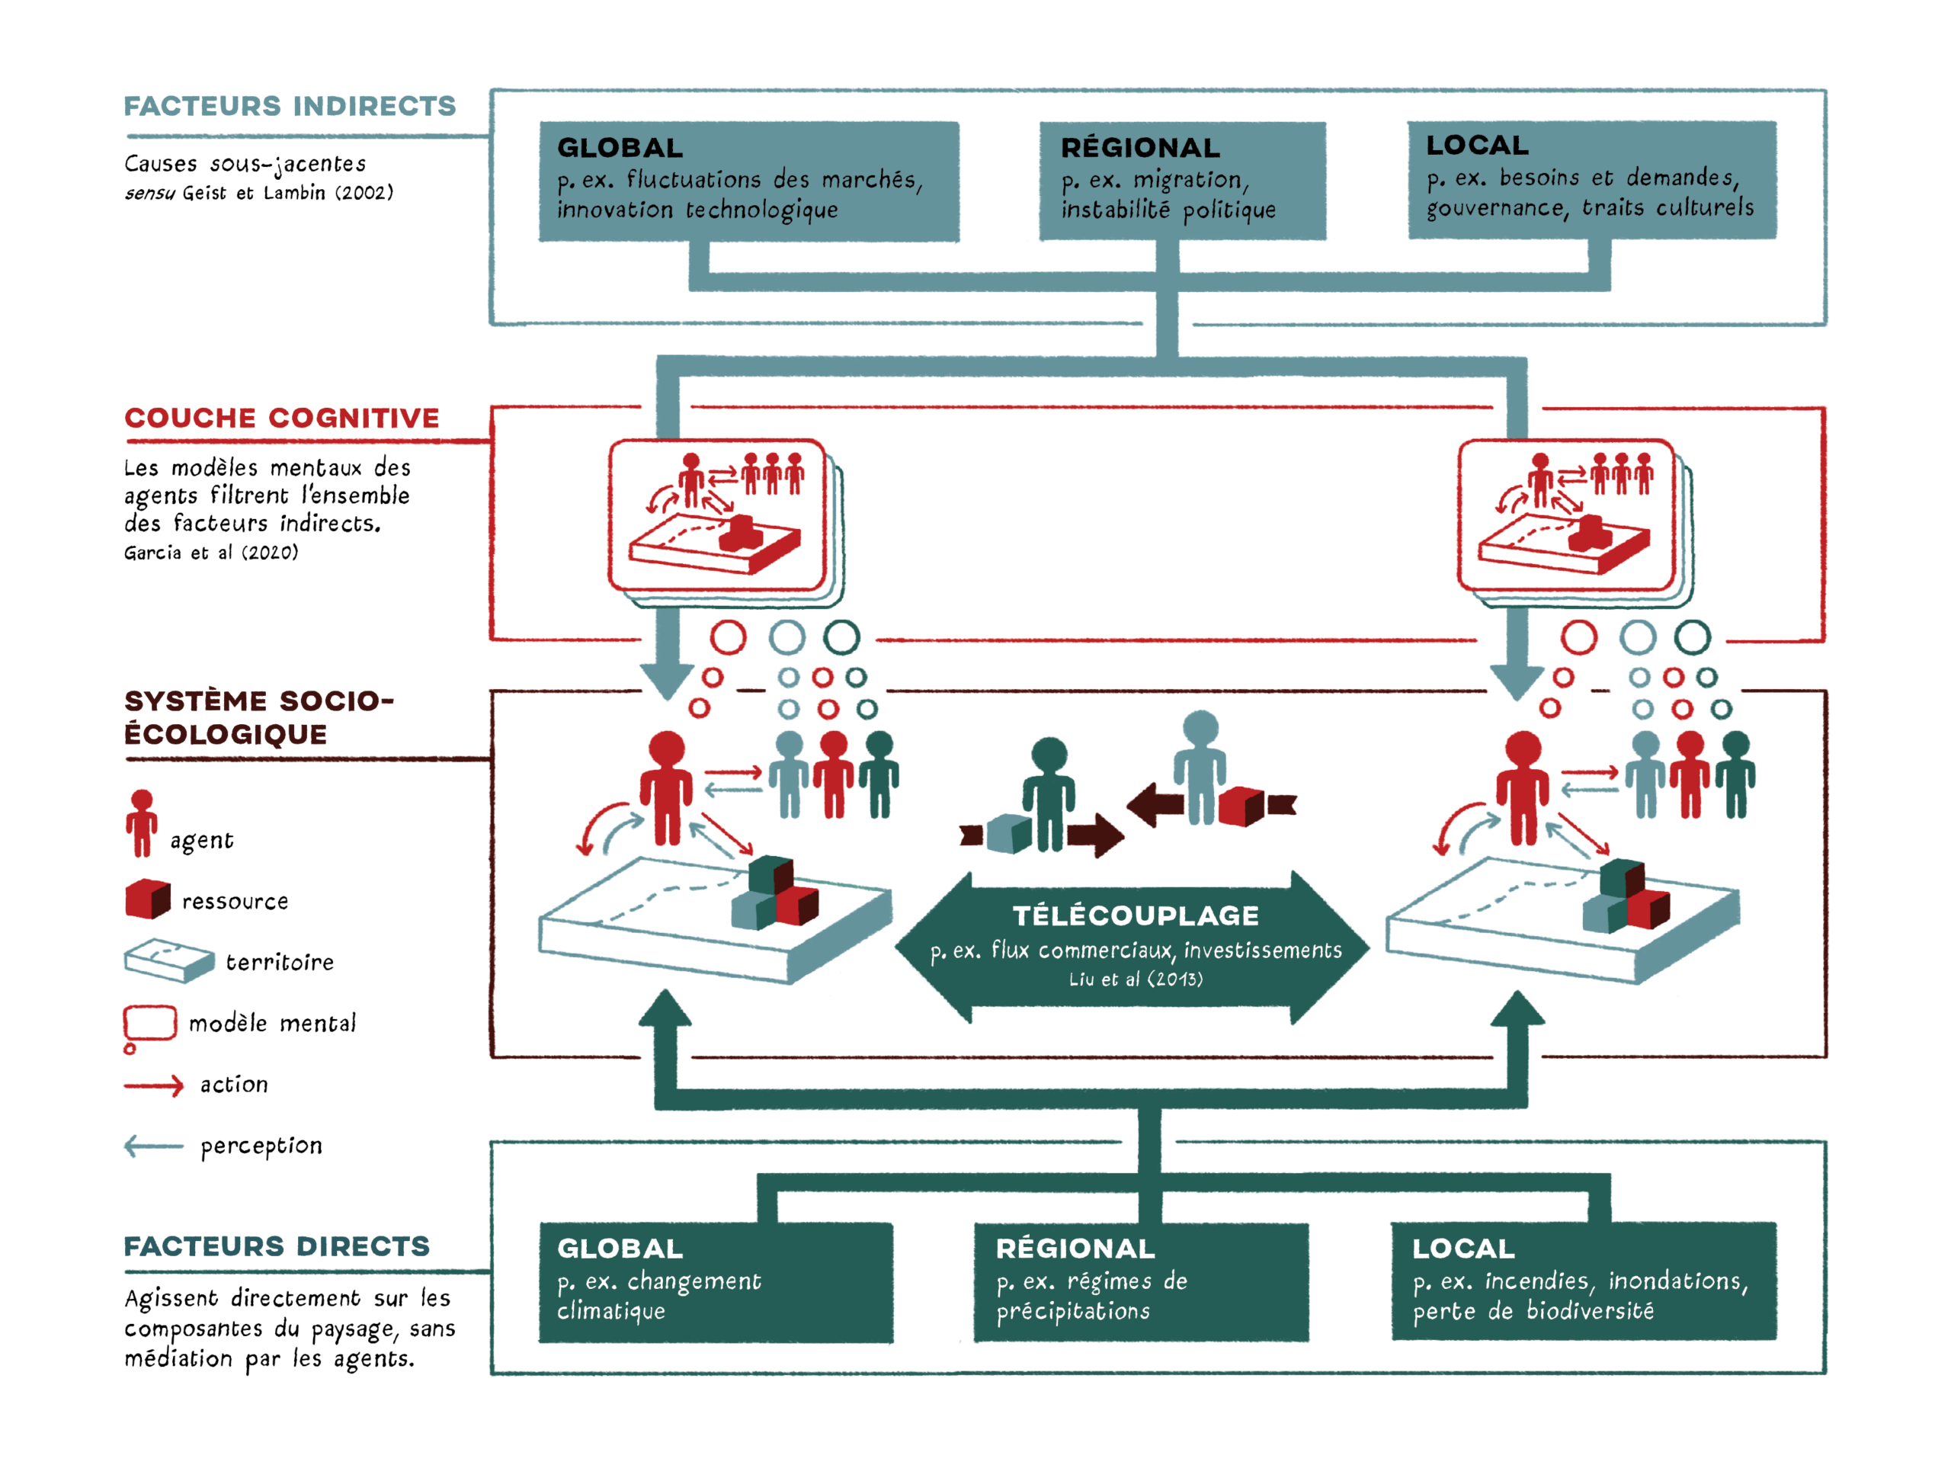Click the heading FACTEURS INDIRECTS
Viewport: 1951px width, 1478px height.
tap(290, 106)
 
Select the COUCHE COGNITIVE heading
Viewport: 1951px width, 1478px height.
tap(281, 418)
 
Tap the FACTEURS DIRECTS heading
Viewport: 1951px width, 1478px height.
tap(276, 1246)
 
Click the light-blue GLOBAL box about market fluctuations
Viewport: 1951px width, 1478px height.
tap(749, 181)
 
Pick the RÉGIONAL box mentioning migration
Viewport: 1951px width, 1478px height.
tap(1182, 181)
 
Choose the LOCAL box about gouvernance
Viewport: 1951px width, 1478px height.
tap(1592, 180)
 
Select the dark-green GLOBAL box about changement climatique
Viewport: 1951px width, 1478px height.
tap(716, 1282)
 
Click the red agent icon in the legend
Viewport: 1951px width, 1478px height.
tap(141, 823)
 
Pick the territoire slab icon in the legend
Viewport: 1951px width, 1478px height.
tap(168, 961)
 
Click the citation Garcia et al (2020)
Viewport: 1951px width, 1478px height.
tap(211, 553)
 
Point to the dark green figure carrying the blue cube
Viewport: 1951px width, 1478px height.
tap(1048, 794)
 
